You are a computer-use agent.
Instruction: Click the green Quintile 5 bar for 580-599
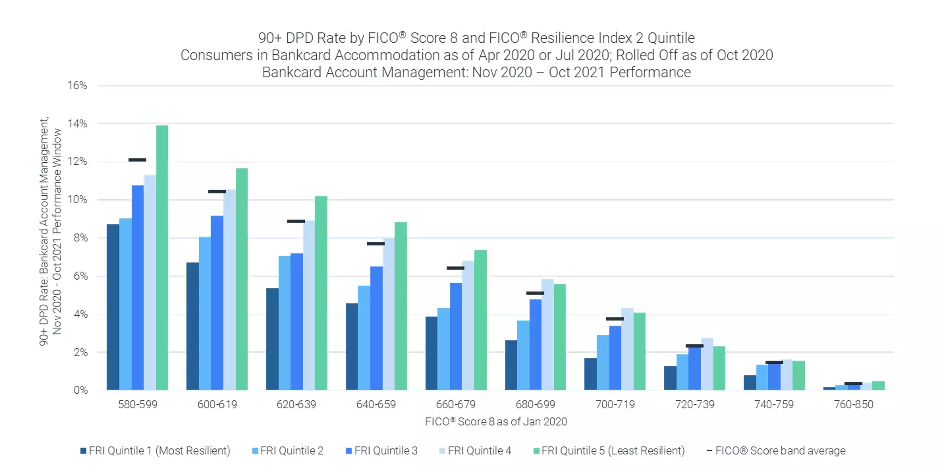click(x=162, y=257)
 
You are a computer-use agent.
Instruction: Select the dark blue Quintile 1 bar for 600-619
click(x=193, y=326)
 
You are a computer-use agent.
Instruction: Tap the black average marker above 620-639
click(x=296, y=221)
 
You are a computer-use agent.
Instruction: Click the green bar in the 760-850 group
click(x=878, y=386)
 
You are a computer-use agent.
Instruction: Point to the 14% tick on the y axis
click(x=77, y=124)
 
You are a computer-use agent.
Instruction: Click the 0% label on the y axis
click(x=81, y=390)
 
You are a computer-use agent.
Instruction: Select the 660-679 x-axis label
click(x=456, y=404)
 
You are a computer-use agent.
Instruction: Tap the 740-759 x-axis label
click(x=774, y=404)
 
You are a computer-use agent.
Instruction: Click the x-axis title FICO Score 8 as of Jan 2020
click(x=496, y=422)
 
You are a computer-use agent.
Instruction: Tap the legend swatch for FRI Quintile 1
click(x=83, y=451)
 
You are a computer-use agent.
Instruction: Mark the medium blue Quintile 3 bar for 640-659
click(x=376, y=328)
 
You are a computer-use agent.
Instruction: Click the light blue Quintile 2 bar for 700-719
click(x=603, y=362)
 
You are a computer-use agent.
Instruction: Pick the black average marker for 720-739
click(x=694, y=346)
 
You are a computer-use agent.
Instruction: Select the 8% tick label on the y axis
click(x=81, y=238)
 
